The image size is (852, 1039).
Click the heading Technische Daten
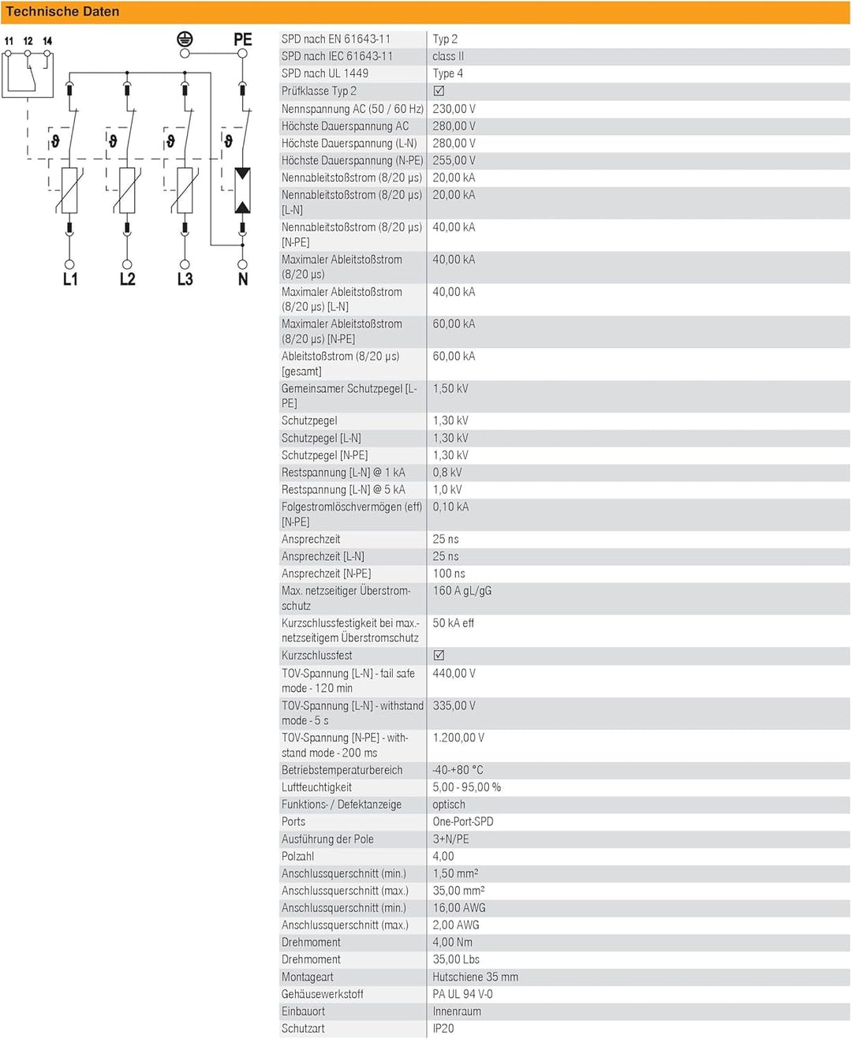point(62,12)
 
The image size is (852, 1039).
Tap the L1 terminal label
point(70,279)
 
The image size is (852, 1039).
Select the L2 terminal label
point(127,279)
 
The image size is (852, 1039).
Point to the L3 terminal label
point(185,279)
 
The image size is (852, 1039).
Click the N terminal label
point(243,279)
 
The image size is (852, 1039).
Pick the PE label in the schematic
point(242,39)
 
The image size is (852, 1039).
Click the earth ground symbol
point(185,39)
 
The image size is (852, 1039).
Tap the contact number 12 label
point(28,41)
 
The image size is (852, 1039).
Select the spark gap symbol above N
point(242,190)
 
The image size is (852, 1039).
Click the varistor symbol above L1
point(69,190)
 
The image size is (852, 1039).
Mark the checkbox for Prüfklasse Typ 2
point(439,91)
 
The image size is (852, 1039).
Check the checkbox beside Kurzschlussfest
point(439,655)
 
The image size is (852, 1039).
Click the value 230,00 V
point(454,109)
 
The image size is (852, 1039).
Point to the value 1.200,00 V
point(458,738)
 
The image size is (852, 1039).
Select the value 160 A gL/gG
point(461,591)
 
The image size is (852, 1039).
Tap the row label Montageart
point(307,977)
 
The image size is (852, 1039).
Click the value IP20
point(443,1029)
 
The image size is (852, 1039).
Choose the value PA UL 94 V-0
point(462,994)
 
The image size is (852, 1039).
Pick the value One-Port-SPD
point(462,821)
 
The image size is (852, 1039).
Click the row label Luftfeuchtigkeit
point(316,787)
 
